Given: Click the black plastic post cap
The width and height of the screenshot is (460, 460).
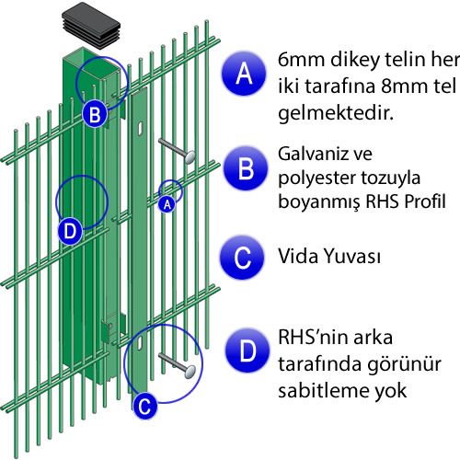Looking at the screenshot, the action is pos(91,26).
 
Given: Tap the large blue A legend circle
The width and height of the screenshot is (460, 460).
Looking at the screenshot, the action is pos(244,74).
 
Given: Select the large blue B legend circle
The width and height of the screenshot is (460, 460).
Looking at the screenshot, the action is pos(246,168).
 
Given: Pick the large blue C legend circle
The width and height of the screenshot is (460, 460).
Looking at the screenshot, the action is pos(242,258).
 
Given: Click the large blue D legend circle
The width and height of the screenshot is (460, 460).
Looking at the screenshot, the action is pos(247,351).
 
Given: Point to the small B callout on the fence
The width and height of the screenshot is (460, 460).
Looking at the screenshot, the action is pos(95,115).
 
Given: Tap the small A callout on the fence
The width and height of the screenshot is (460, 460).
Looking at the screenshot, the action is pos(167,203).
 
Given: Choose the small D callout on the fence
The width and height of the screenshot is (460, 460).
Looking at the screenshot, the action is pos(70,231).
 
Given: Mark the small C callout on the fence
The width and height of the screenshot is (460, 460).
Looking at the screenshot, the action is pos(144,406).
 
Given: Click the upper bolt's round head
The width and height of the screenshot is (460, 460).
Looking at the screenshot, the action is pos(190,156).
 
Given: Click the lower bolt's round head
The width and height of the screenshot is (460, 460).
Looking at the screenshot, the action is pos(190,372).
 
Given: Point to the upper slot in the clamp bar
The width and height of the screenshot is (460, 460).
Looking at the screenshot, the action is pos(140,128).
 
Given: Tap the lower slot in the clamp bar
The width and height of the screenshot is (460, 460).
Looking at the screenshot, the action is pos(140,342).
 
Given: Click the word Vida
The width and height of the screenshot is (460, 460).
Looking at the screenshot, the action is pos(298,256).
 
